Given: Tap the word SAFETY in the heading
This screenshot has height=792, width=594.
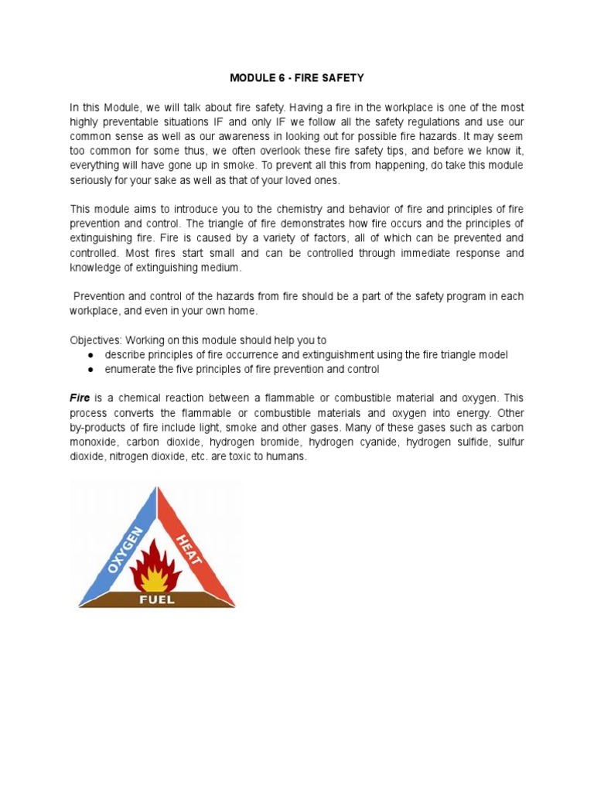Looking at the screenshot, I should tap(345, 78).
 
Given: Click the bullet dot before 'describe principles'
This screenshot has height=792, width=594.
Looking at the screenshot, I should tap(92, 354).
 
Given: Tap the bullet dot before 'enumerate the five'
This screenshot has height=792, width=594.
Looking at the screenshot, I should tap(92, 369).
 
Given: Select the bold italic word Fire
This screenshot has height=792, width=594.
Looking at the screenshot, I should tap(80, 398).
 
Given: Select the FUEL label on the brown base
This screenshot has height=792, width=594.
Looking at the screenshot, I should tap(157, 599).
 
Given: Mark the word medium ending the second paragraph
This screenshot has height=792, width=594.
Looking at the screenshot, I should tap(222, 268).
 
